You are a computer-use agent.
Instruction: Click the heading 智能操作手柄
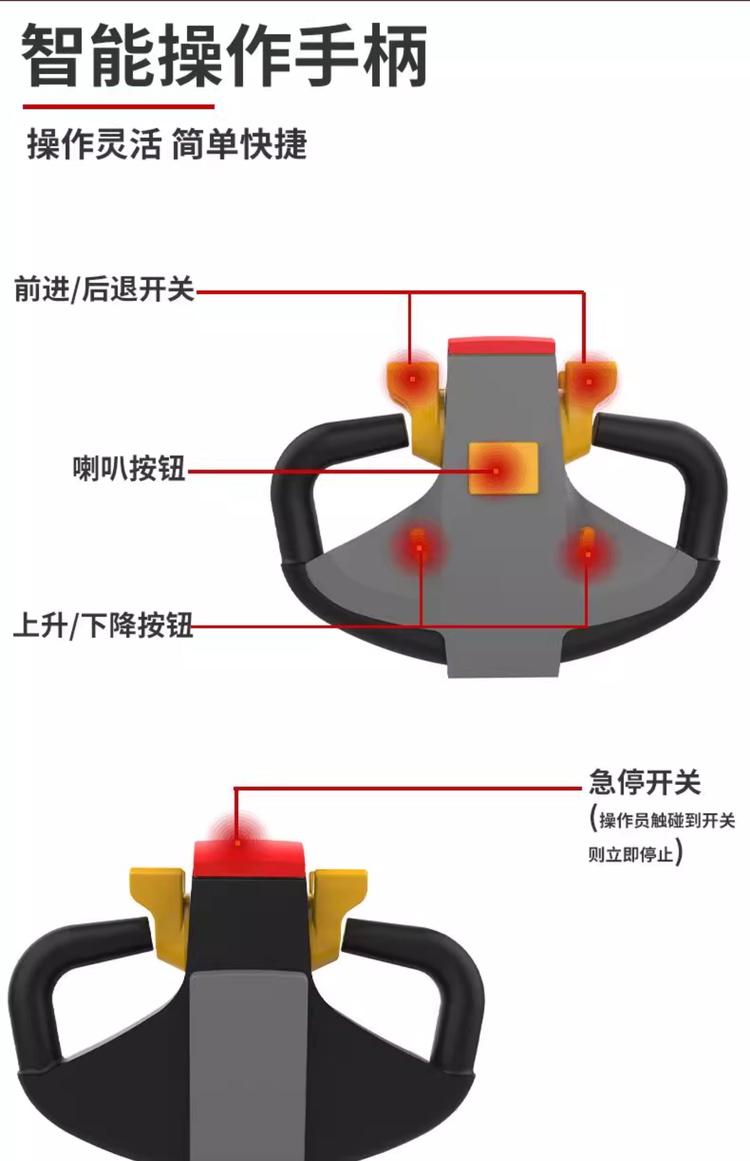[x=224, y=56]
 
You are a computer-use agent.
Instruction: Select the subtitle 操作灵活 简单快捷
[x=167, y=144]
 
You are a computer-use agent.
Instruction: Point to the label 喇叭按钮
[x=129, y=469]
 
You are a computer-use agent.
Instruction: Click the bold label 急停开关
[x=644, y=782]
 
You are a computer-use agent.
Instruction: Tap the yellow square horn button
[x=503, y=468]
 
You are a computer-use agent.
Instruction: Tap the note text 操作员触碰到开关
[x=666, y=820]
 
